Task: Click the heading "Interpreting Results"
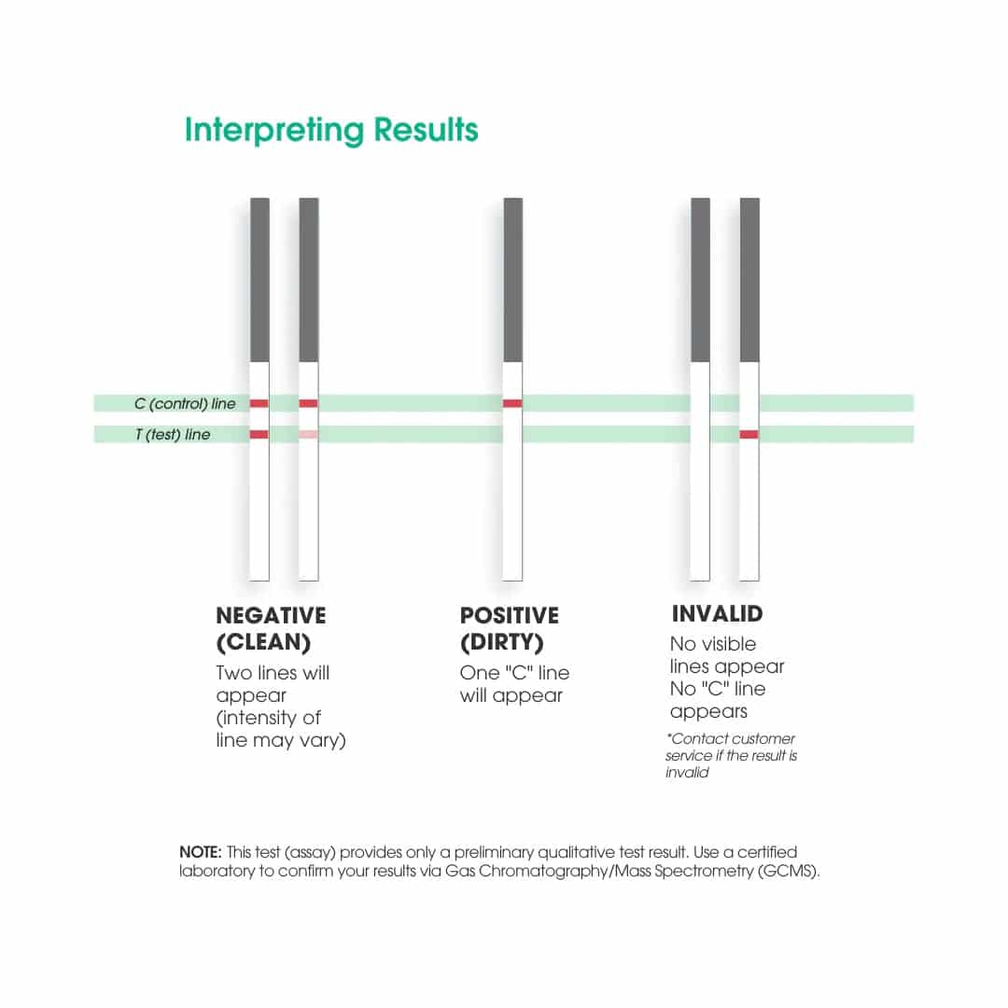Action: (331, 130)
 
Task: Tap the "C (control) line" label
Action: (185, 404)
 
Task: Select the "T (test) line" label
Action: (173, 435)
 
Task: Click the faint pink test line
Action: (308, 435)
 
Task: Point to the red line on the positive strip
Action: (512, 403)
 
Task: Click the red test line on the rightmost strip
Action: (749, 434)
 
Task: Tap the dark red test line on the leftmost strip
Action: (259, 435)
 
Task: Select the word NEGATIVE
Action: (271, 616)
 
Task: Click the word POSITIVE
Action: (510, 616)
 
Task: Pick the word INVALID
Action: (717, 614)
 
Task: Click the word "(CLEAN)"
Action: (263, 643)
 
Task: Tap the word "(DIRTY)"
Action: (502, 643)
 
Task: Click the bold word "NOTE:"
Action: (201, 853)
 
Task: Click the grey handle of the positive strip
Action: (512, 280)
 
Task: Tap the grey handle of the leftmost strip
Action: (259, 280)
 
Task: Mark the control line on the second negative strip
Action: (308, 403)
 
